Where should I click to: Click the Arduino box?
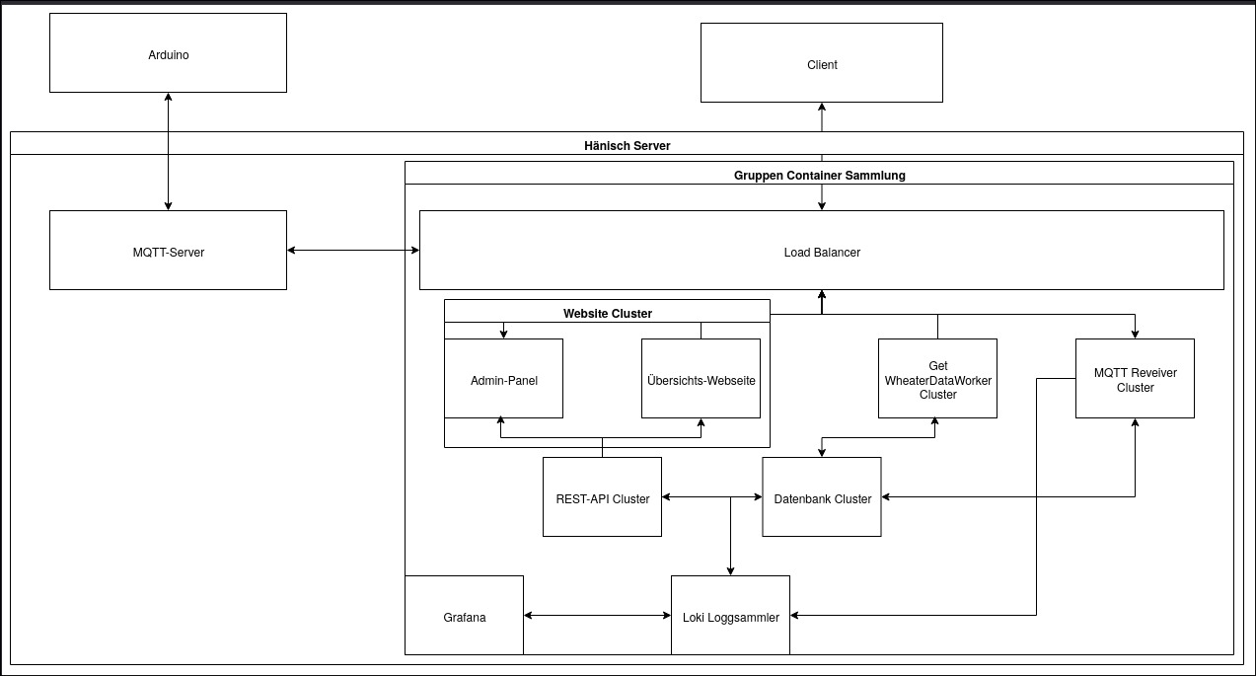tap(168, 54)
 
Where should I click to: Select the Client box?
tap(821, 64)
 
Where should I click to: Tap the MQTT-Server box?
tap(168, 252)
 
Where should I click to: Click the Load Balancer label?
tap(821, 253)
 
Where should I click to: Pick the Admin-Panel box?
tap(503, 380)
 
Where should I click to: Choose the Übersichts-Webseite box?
tap(701, 380)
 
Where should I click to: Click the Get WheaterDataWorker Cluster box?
tap(937, 380)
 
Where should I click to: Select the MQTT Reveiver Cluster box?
tap(1135, 380)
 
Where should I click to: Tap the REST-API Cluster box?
tap(602, 498)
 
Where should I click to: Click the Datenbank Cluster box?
tap(822, 498)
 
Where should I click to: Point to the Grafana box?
tap(464, 617)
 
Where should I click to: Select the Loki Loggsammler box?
tap(730, 617)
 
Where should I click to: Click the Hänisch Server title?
tap(627, 145)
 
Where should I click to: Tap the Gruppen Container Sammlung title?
tap(819, 175)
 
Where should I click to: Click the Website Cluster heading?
tap(607, 313)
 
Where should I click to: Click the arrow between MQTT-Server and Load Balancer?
tap(352, 251)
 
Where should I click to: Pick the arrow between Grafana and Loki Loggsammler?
tap(597, 616)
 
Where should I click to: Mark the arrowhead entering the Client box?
tap(821, 108)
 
